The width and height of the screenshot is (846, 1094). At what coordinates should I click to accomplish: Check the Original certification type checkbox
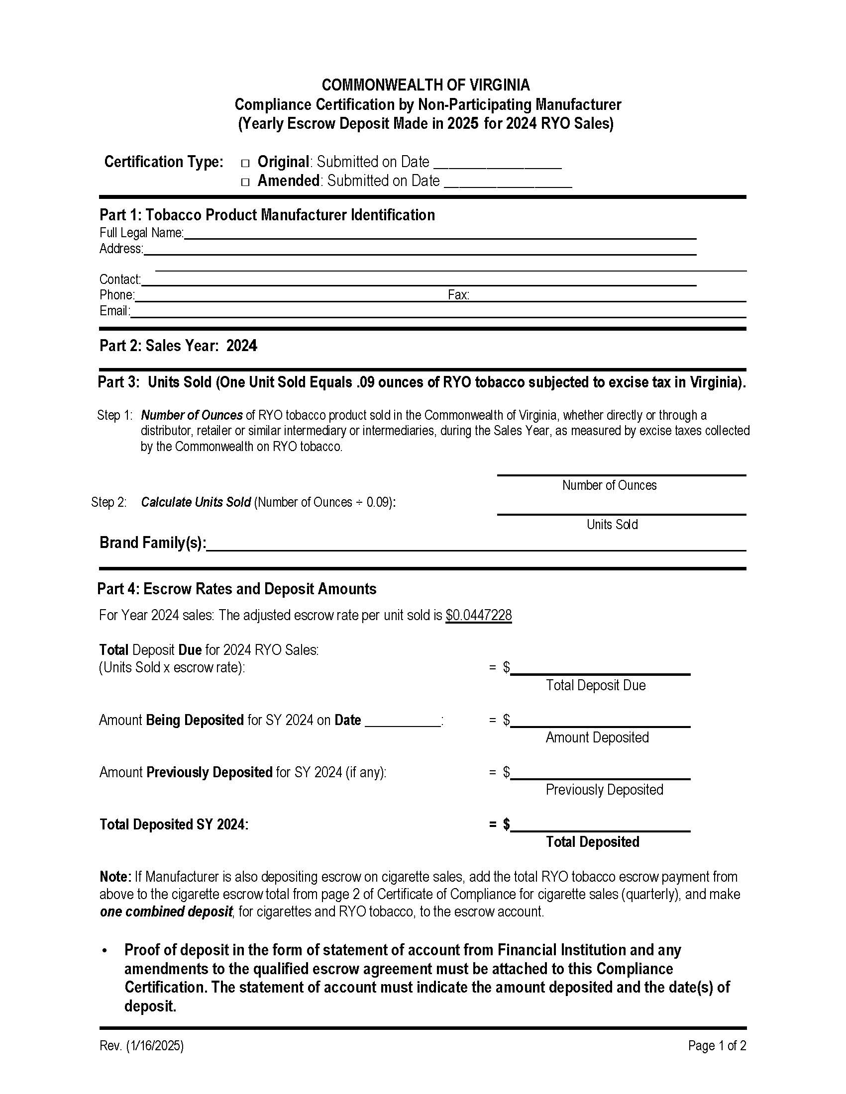pyautogui.click(x=245, y=163)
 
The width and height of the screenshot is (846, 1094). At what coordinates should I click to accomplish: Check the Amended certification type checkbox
pyautogui.click(x=245, y=182)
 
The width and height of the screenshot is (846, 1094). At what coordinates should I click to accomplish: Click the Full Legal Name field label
pyautogui.click(x=141, y=233)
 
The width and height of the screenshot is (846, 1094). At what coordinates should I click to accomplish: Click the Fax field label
pyautogui.click(x=458, y=295)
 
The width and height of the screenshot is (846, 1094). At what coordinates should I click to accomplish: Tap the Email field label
pyautogui.click(x=114, y=311)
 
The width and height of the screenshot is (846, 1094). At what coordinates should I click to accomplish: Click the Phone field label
pyautogui.click(x=117, y=295)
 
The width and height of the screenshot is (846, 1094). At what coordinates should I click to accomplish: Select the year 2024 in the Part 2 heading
pyautogui.click(x=241, y=346)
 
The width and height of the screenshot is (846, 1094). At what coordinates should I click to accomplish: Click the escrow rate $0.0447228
pyautogui.click(x=479, y=615)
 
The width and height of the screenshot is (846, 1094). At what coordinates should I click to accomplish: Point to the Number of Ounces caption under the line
pyautogui.click(x=609, y=485)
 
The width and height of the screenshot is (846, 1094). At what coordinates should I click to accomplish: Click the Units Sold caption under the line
pyautogui.click(x=612, y=525)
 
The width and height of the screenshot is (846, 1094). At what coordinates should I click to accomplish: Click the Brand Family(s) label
pyautogui.click(x=152, y=543)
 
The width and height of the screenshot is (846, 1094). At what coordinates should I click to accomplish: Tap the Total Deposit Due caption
pyautogui.click(x=595, y=685)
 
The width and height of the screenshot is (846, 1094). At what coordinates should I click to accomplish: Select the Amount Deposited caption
pyautogui.click(x=597, y=737)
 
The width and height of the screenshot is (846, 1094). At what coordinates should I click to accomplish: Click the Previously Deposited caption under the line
pyautogui.click(x=604, y=790)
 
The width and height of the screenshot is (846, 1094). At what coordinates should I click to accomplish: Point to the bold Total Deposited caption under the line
pyautogui.click(x=592, y=842)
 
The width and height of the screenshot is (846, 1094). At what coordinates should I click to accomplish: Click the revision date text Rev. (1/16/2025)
pyautogui.click(x=141, y=1046)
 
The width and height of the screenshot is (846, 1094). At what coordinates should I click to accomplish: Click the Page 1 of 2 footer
pyautogui.click(x=717, y=1046)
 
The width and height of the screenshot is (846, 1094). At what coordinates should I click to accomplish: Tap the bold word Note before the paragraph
pyautogui.click(x=115, y=877)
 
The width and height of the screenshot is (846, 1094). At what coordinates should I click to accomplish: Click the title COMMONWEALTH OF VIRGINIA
pyautogui.click(x=425, y=85)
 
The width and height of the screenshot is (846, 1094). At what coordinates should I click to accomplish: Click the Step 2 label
pyautogui.click(x=109, y=502)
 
